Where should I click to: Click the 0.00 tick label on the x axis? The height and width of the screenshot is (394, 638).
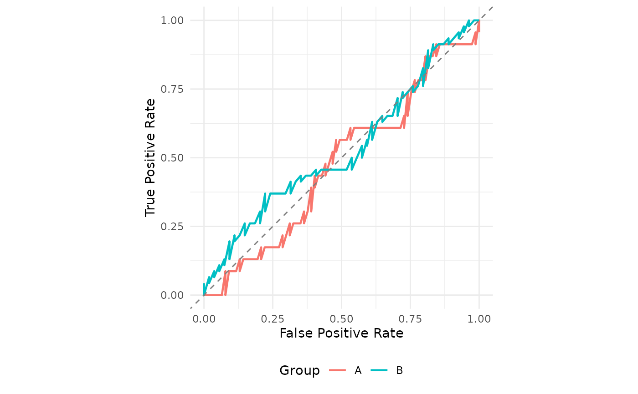[204, 318]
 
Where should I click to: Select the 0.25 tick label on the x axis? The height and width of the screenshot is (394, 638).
[273, 318]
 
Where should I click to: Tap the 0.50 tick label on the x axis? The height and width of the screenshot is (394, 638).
[341, 318]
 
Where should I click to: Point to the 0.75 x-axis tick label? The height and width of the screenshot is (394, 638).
[410, 318]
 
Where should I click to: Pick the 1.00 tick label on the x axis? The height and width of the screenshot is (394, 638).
[479, 318]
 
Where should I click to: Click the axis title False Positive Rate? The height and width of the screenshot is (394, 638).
[341, 333]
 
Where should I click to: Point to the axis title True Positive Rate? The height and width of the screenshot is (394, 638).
[150, 157]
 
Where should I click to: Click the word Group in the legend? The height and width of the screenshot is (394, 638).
[300, 371]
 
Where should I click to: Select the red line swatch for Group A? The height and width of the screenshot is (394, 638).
[338, 371]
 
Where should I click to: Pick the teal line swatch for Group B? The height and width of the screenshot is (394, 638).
[379, 371]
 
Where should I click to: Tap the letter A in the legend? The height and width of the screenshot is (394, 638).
[358, 371]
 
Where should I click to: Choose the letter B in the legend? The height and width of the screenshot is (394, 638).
[400, 371]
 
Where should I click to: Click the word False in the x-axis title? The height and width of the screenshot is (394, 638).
[294, 333]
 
